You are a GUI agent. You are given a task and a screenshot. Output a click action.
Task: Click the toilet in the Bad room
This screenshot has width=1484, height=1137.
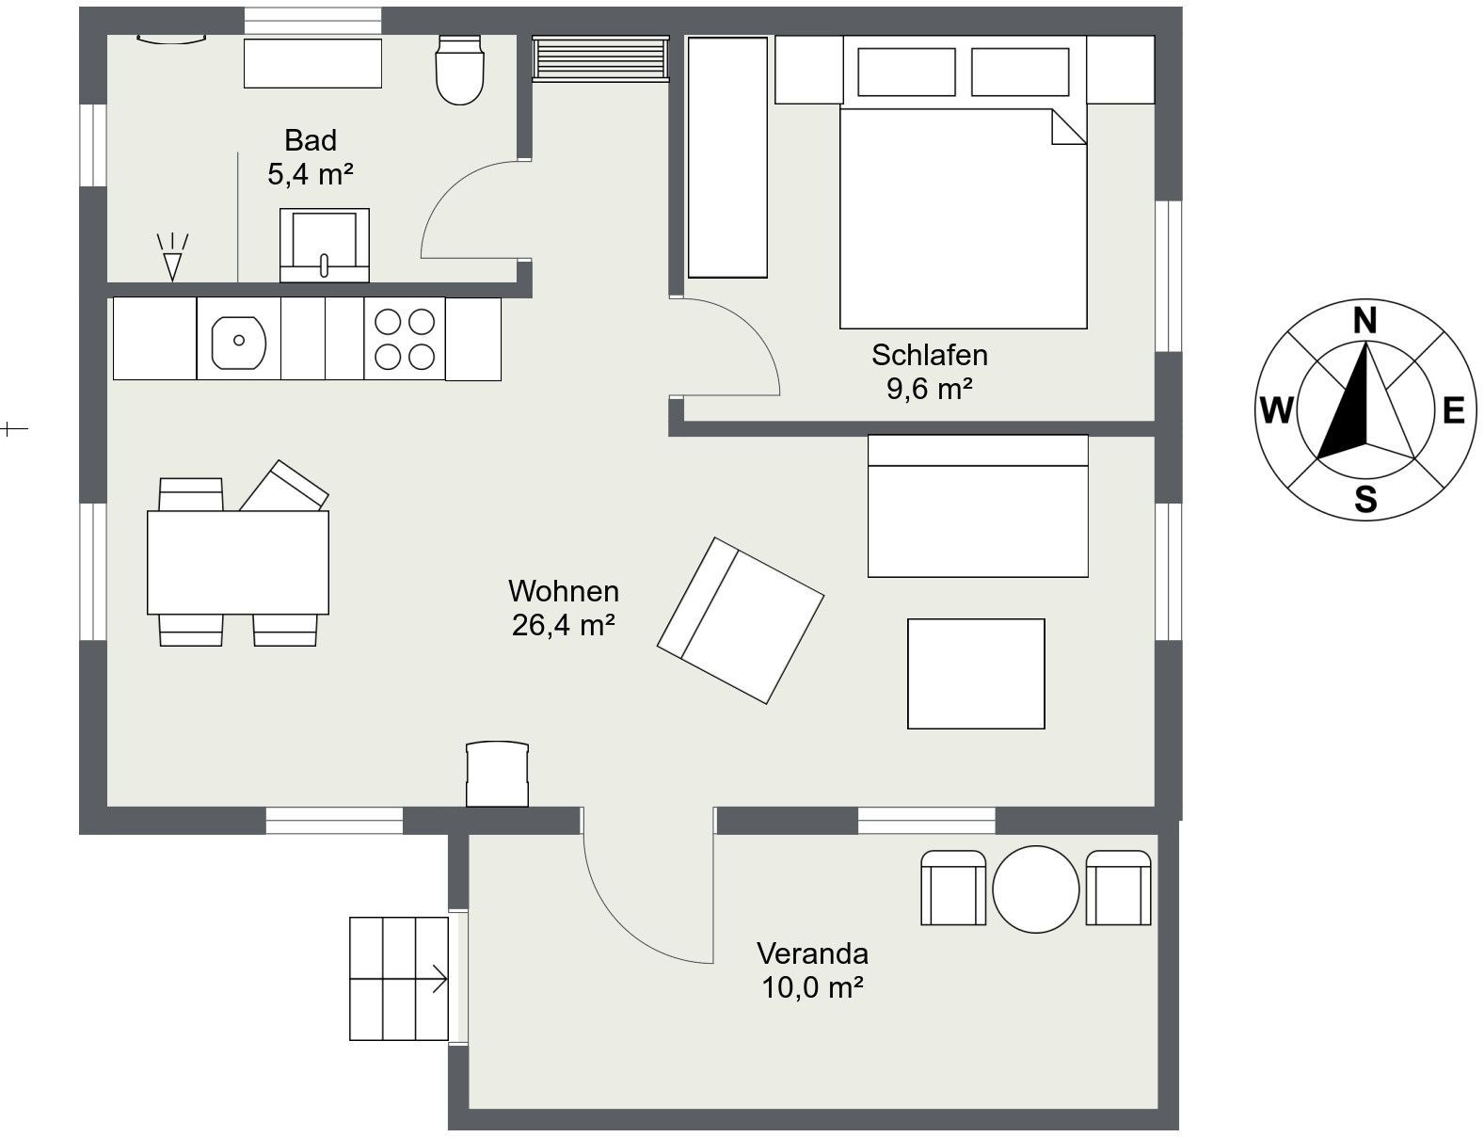[x=459, y=70]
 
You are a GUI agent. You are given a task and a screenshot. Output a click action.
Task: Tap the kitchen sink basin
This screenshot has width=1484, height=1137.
[x=238, y=342]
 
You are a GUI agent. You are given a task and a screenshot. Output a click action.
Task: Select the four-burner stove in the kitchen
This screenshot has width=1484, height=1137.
[x=405, y=339]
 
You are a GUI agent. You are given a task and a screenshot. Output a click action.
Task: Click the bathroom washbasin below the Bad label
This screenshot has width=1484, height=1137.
[x=325, y=245]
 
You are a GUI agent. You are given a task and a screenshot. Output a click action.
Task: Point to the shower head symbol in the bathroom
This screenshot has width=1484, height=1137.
[x=172, y=257]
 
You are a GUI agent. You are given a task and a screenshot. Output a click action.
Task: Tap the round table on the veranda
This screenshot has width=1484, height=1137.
[x=1035, y=889]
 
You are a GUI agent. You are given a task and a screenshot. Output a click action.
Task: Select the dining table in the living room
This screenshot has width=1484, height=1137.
[x=238, y=563]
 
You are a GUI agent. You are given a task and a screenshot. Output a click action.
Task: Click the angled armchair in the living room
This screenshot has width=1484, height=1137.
[x=741, y=620]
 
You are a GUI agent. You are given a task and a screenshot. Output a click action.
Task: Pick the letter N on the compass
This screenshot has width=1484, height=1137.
[x=1365, y=320]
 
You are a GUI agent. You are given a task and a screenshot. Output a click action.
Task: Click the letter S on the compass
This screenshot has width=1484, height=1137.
[x=1365, y=499]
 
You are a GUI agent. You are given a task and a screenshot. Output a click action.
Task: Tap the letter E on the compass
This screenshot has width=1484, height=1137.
[x=1454, y=411]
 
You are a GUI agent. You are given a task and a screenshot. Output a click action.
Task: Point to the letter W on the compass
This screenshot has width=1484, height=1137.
[x=1276, y=410]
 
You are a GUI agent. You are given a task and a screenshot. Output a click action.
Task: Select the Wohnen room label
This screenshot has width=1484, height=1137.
[x=564, y=591]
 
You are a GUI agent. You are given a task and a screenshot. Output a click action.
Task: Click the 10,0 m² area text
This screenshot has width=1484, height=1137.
[x=813, y=987]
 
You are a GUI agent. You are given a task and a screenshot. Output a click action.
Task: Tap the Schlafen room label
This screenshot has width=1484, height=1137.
[x=930, y=355]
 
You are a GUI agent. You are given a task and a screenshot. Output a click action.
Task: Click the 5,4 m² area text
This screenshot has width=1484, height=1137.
[x=310, y=174]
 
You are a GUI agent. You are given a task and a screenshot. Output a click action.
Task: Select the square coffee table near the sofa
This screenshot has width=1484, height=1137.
[x=976, y=673]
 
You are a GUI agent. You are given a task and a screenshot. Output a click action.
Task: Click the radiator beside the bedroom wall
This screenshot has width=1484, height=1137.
[x=600, y=58]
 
